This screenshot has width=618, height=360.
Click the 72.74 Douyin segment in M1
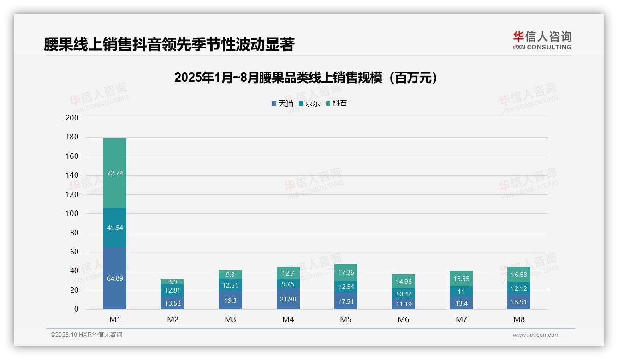[x=115, y=173]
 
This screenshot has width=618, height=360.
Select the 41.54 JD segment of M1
[x=115, y=228]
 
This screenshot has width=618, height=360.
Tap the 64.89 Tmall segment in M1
[x=115, y=278]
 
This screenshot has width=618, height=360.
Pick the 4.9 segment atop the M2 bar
[x=172, y=282]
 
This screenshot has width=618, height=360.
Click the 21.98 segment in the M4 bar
[x=288, y=299]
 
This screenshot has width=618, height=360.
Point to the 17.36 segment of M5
[x=345, y=272]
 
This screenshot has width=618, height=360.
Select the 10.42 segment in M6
[x=403, y=294]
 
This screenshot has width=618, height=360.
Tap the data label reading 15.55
[x=461, y=279]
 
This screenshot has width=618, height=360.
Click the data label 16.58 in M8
[x=518, y=275]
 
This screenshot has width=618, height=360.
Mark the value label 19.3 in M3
[x=230, y=300]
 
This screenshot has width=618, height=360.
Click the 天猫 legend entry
[x=283, y=103]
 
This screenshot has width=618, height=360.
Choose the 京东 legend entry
[x=309, y=103]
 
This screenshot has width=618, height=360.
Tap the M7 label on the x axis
[x=461, y=319]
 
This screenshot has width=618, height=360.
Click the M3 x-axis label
[x=230, y=319]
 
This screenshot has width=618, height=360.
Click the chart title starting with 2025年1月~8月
[x=306, y=78]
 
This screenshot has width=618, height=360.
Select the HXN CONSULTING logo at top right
[x=542, y=41]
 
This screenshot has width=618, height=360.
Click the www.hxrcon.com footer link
[x=536, y=335]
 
